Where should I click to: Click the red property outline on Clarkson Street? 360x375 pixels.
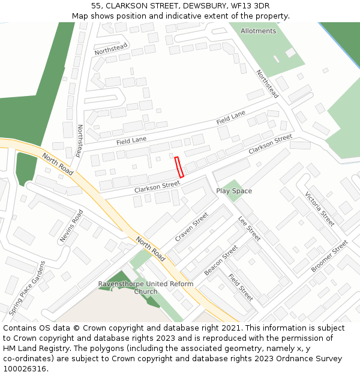point(178,167)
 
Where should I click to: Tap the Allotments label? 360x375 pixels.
point(258,31)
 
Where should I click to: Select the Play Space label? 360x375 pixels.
point(234,191)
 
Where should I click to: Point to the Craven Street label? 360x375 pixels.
point(191,227)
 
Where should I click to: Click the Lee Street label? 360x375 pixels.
point(250,229)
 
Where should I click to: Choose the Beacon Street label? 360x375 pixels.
point(221,260)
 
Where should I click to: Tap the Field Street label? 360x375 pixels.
point(240,287)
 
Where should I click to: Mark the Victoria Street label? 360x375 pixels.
point(319,209)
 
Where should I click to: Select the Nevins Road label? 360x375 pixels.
point(71,226)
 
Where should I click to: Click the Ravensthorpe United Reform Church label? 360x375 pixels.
point(146,288)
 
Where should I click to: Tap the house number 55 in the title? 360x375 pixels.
point(97,6)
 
